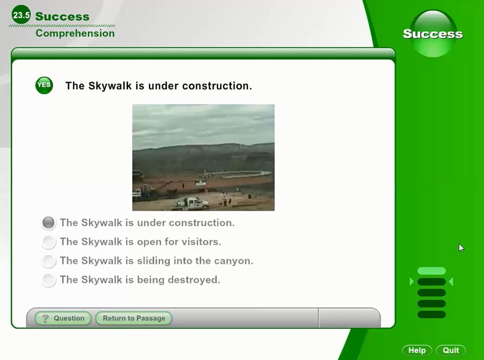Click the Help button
(417, 350)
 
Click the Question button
(63, 318)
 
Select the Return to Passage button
(134, 318)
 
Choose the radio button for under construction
(48, 223)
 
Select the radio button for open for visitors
(48, 242)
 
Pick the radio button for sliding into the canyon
(48, 261)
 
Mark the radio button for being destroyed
(48, 280)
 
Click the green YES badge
(44, 85)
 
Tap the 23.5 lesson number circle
(21, 15)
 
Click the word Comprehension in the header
(75, 33)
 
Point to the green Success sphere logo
(433, 33)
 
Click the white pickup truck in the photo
(191, 203)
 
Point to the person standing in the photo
(225, 199)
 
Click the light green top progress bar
(432, 271)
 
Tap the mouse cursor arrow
(461, 248)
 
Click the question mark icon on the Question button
(45, 318)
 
